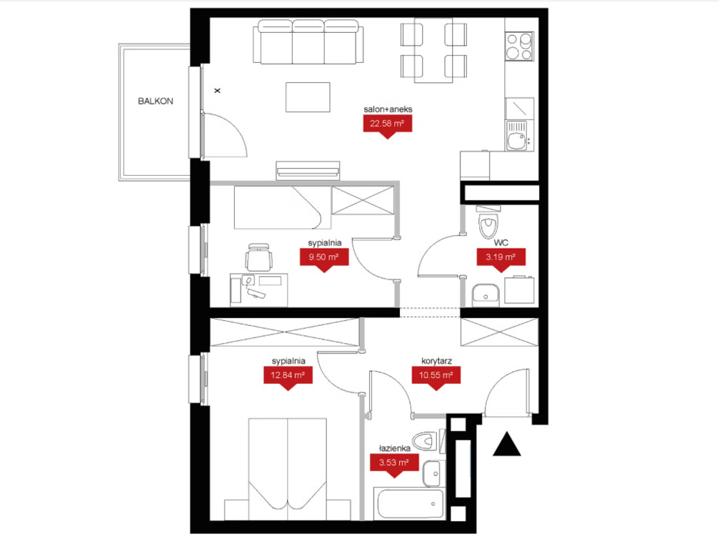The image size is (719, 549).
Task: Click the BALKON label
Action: [x=156, y=101]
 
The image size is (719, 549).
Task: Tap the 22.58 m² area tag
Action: [x=388, y=125]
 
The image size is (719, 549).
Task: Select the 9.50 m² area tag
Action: [x=324, y=259]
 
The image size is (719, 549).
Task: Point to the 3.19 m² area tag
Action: [x=501, y=259]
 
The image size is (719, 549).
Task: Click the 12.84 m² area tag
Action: [x=288, y=377]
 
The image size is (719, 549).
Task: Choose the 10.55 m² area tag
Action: [x=436, y=377]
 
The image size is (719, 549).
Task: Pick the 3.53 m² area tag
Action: [x=394, y=465]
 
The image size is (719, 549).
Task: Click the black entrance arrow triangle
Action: [x=507, y=445]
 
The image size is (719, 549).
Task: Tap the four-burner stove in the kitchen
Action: [x=520, y=46]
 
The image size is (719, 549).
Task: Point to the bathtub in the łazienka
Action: [x=409, y=504]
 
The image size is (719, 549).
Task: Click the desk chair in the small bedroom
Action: [x=258, y=257]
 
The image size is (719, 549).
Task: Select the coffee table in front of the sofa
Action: [x=308, y=97]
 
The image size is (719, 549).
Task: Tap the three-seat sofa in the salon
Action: [x=308, y=41]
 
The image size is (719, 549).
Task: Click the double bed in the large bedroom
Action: [x=288, y=469]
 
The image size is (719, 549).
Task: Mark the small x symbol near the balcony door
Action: [x=217, y=91]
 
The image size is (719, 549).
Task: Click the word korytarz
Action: [x=436, y=361]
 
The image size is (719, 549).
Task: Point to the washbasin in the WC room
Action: [x=486, y=295]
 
